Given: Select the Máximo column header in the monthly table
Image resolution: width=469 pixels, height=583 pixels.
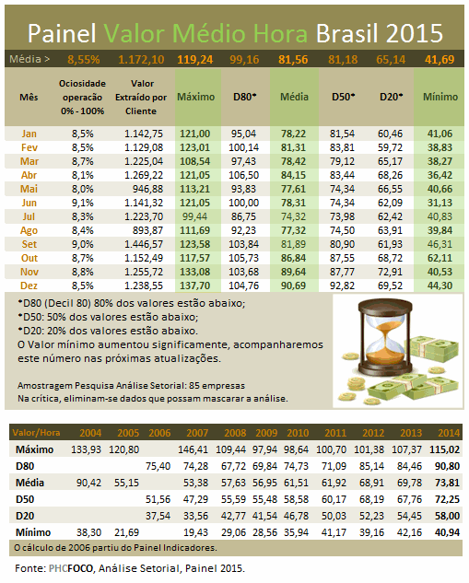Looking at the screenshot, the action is [196, 97].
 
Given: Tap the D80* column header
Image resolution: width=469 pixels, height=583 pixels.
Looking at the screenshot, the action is [245, 97].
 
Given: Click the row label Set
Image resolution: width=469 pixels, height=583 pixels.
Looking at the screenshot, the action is [29, 244].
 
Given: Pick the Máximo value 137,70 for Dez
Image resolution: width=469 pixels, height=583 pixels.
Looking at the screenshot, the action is [195, 286].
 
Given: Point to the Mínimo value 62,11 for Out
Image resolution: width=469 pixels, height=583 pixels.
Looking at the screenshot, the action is [440, 258].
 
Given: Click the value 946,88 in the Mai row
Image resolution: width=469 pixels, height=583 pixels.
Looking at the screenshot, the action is [147, 189].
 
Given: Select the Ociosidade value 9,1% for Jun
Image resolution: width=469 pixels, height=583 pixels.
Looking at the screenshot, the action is [83, 203].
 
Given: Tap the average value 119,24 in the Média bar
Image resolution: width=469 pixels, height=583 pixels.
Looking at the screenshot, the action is [195, 60].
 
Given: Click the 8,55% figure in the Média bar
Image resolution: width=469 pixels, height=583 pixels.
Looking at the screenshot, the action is [84, 60].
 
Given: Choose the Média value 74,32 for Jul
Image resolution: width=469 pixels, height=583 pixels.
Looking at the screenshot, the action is [293, 216].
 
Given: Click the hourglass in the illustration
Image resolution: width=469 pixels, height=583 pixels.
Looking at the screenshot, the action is [386, 337].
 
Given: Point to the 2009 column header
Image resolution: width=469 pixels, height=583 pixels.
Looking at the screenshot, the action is [266, 433].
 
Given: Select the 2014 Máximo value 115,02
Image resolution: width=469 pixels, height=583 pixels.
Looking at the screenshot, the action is [445, 449].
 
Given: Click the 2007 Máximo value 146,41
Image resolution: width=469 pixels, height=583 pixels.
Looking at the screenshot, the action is [193, 449].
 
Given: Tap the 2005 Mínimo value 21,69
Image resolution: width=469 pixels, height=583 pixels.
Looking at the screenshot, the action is [126, 533].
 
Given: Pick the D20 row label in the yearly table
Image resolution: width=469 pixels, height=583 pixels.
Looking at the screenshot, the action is [25, 516].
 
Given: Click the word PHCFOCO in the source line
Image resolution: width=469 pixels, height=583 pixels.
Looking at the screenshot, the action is [71, 568].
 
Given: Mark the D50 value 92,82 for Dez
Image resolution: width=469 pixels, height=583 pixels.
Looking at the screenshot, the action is [342, 286].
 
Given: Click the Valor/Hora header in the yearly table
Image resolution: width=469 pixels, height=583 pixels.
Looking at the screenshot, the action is [36, 433].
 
